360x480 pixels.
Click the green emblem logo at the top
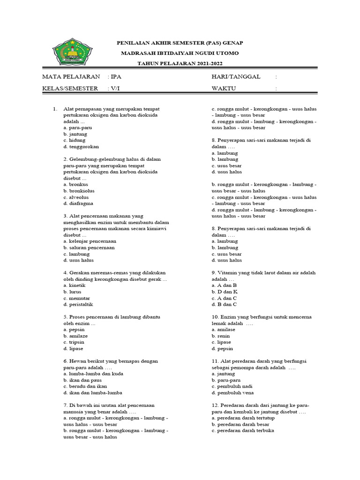pyautogui.click(x=73, y=51)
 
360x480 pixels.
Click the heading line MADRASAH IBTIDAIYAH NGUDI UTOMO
pyautogui.click(x=180, y=53)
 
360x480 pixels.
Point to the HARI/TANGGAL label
pyautogui.click(x=236, y=76)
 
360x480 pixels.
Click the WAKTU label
pyautogui.click(x=224, y=88)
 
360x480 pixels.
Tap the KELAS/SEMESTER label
pyautogui.click(x=70, y=88)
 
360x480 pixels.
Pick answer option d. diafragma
pyautogui.click(x=78, y=203)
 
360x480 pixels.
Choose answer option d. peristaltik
pyautogui.click(x=79, y=304)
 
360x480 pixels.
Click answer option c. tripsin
pyautogui.click(x=75, y=342)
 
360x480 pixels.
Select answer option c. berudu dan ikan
pyautogui.click(x=83, y=386)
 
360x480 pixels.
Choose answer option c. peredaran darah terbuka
pyautogui.click(x=243, y=430)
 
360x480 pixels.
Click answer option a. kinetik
pyautogui.click(x=75, y=285)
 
